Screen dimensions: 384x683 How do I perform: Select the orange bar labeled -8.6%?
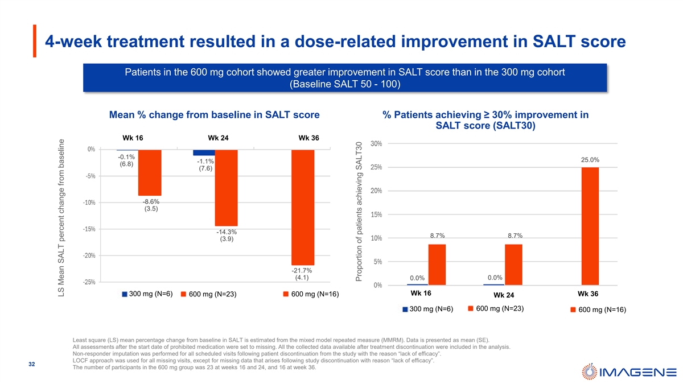(x=150, y=172)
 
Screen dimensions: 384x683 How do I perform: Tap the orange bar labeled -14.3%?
(x=226, y=188)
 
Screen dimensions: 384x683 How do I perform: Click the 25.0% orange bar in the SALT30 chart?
(x=590, y=226)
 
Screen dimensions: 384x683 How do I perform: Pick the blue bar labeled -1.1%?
(x=204, y=152)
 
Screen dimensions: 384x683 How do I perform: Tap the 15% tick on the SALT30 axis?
(x=376, y=214)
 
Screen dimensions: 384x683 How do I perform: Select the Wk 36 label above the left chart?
(x=308, y=138)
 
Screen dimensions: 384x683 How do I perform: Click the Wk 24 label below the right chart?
(x=504, y=295)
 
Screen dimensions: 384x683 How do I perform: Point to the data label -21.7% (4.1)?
(x=302, y=274)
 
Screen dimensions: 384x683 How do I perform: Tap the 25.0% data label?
(x=590, y=160)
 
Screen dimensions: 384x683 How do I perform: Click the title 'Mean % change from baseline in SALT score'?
(x=214, y=115)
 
